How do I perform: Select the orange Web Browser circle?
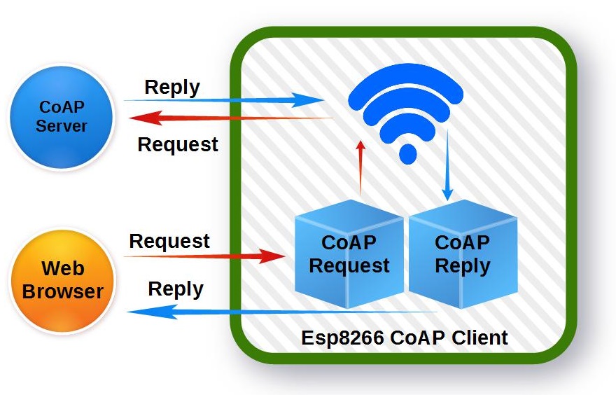62,280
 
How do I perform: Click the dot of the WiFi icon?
406,153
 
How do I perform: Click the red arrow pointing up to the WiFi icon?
361,168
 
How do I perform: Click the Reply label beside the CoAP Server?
172,88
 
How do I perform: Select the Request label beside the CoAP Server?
178,144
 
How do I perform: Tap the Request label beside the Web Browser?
169,241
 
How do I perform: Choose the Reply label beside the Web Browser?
176,289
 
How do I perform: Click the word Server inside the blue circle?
62,126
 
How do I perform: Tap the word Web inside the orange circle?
62,268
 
